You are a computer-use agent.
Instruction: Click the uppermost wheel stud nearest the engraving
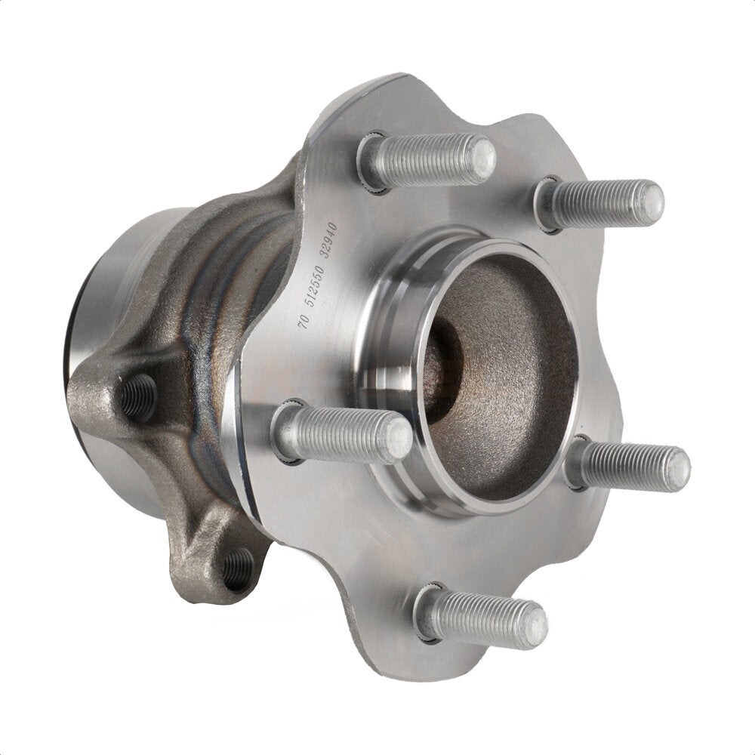pos(427,161)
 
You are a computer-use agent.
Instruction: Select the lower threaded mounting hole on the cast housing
pos(239,568)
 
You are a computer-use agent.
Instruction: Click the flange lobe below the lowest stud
pos(468,664)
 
